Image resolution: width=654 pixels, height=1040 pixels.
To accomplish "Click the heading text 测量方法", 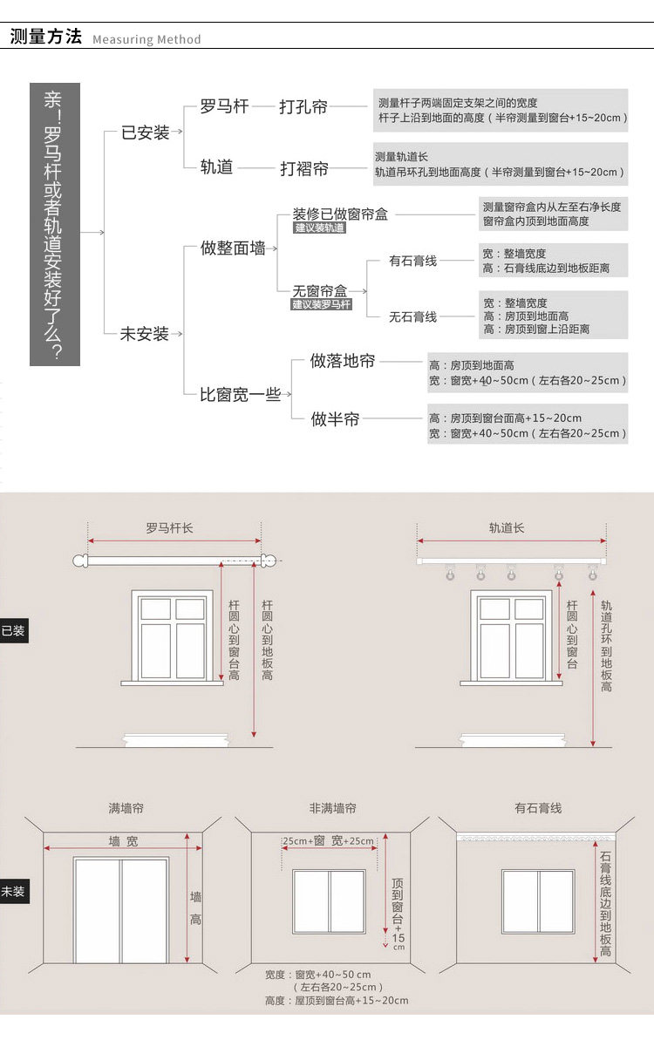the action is [x=45, y=37].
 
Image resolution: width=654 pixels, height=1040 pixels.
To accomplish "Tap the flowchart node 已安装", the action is [x=145, y=133].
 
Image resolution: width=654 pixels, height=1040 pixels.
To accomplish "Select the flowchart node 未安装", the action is [x=144, y=334].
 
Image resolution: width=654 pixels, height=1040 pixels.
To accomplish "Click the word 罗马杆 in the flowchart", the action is [x=224, y=106].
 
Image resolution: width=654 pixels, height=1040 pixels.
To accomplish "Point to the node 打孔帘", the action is [x=303, y=107].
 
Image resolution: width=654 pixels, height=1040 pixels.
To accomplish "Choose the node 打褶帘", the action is [x=303, y=168].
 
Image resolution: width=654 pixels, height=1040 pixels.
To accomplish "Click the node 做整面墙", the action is [x=233, y=248].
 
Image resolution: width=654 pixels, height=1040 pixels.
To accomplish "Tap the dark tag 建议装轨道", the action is [x=320, y=228].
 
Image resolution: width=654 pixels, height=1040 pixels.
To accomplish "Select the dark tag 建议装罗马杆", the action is [x=322, y=304].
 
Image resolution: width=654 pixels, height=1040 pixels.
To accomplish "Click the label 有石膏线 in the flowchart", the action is [x=413, y=261].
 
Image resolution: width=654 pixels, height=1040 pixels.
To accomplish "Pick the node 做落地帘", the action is [x=343, y=361].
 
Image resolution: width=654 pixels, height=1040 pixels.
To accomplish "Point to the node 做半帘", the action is [x=335, y=419].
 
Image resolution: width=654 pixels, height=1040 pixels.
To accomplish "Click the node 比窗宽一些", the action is [x=240, y=395].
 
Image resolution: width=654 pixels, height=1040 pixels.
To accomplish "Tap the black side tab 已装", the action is [x=14, y=630].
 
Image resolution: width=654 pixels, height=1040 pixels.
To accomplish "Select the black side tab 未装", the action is [x=14, y=892].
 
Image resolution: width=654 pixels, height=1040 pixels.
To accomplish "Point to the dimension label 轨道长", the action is [x=507, y=528].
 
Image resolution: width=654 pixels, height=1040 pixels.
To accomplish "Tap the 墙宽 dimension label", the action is [x=123, y=841].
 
